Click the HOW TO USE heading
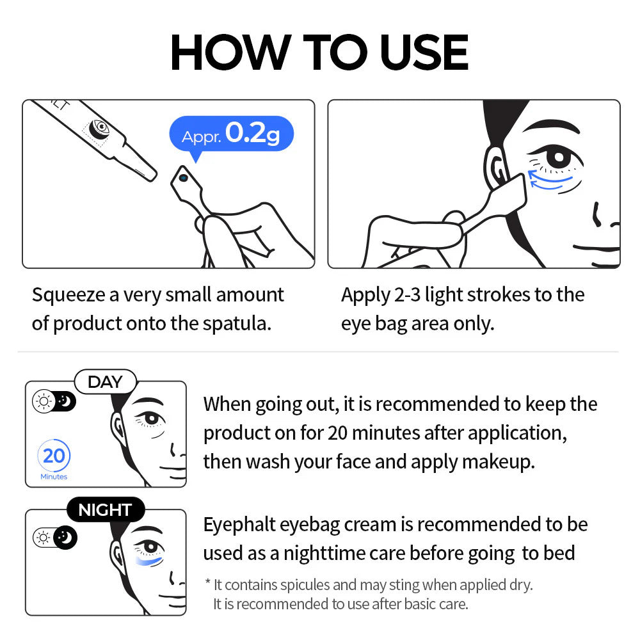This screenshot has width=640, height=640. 319,52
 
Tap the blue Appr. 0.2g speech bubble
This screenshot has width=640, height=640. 231,135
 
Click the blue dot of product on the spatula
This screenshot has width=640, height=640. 184,178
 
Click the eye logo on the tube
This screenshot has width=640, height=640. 100,129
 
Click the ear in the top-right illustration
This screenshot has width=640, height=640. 499,168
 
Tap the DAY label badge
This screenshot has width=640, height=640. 105,382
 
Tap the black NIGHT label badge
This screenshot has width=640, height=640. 105,510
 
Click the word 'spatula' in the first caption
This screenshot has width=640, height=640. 237,323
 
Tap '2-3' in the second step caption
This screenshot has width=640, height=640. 404,295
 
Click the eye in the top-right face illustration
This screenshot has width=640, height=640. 558,157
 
